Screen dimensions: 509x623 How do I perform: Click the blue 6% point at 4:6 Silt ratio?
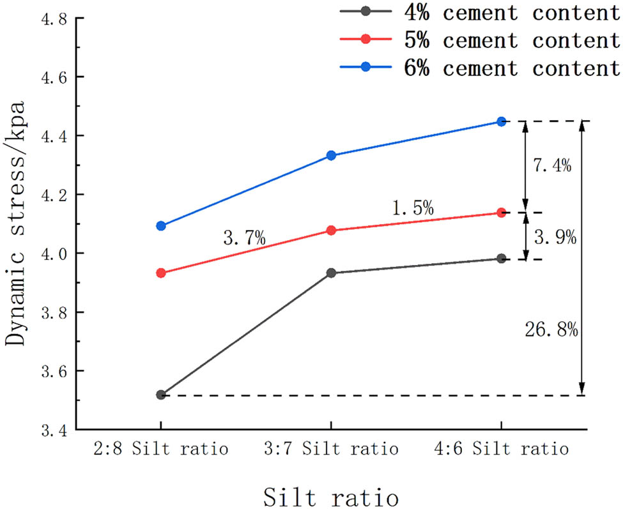(502, 121)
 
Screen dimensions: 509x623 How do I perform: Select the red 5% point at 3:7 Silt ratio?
(331, 230)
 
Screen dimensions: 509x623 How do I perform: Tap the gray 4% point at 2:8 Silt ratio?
(161, 395)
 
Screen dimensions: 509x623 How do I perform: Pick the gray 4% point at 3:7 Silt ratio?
(331, 273)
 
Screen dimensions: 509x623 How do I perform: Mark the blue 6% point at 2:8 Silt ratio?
(161, 225)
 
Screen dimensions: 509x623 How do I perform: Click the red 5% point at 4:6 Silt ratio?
(502, 213)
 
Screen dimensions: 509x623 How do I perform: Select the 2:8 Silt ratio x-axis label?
(161, 449)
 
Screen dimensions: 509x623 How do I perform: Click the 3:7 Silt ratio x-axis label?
(331, 449)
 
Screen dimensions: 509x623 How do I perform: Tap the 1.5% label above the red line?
(413, 208)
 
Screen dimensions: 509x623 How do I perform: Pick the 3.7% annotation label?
(244, 240)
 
